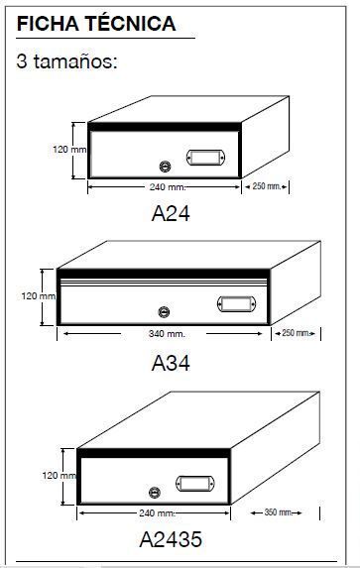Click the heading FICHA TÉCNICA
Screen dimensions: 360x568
point(96,24)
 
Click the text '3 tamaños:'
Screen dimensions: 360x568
point(67,61)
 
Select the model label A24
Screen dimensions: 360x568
point(171,213)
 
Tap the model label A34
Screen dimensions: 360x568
point(171,363)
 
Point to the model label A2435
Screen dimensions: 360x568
point(171,539)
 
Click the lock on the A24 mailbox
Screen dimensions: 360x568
point(165,167)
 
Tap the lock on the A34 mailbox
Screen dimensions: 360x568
point(165,312)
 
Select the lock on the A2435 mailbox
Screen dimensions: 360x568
point(155,493)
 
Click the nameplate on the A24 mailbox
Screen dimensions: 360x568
point(205,158)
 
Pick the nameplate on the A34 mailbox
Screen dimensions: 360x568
point(236,304)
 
